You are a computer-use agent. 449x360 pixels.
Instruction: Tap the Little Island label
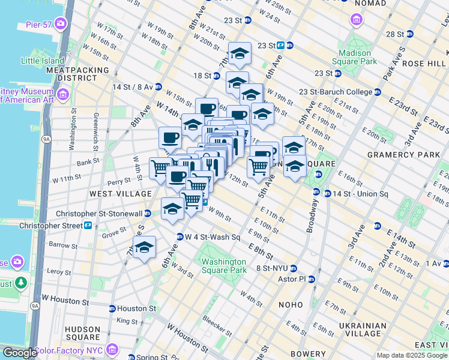43,61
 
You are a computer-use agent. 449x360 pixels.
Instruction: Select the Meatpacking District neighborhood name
77,74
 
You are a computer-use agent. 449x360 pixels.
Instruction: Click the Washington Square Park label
224,266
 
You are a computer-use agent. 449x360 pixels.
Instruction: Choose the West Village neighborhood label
121,194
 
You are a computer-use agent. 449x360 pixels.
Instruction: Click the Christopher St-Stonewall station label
99,214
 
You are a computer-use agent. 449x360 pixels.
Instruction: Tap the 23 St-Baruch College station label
336,92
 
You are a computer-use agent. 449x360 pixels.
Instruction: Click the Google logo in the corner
19,353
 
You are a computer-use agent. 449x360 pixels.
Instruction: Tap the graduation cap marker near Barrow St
144,247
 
